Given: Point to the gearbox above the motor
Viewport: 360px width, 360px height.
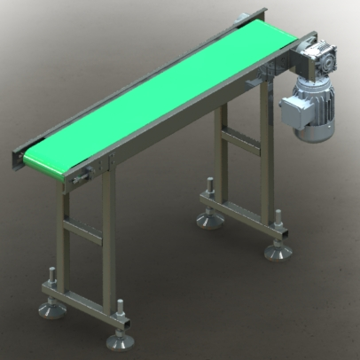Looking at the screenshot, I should coord(313,67).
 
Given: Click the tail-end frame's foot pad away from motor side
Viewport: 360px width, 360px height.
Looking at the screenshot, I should coord(48,309).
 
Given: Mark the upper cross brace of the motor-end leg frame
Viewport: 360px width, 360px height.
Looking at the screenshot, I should coord(240,139).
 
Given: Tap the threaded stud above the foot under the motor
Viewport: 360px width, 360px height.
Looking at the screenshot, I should coord(278,225).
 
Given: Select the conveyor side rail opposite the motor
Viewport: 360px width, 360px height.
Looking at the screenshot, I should coord(133,80).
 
